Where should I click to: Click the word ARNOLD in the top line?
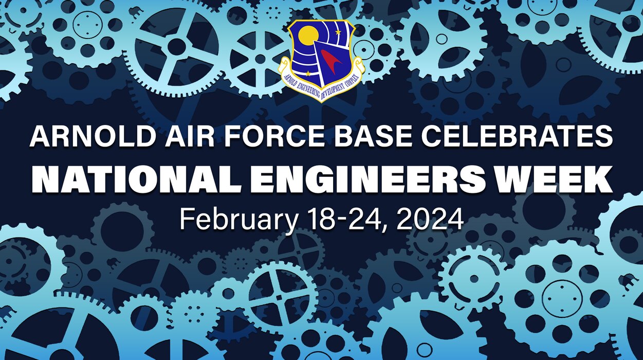[x=84, y=137]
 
